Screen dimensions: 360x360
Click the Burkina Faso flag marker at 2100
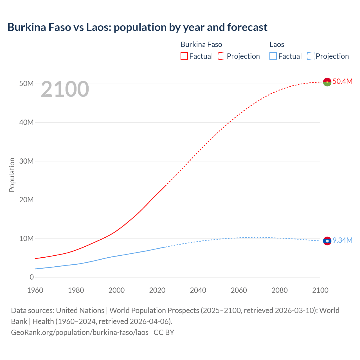(327, 82)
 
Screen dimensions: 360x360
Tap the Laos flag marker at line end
(327, 241)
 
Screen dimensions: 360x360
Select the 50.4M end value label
(342, 81)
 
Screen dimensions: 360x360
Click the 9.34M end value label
(342, 240)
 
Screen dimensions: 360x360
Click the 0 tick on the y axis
(31, 277)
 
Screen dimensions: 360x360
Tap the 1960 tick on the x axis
(35, 290)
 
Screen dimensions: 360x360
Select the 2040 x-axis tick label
(198, 290)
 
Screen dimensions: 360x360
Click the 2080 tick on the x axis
(280, 290)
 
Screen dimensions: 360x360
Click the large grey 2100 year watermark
(65, 89)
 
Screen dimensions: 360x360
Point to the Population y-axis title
(12, 175)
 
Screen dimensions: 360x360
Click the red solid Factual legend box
(184, 56)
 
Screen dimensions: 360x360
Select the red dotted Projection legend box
(222, 56)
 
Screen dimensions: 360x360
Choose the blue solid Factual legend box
(273, 56)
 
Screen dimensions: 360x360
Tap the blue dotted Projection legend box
(310, 56)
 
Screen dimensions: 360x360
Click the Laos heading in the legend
(277, 44)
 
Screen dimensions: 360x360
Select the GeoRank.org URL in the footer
(80, 332)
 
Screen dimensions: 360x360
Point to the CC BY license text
(164, 332)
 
